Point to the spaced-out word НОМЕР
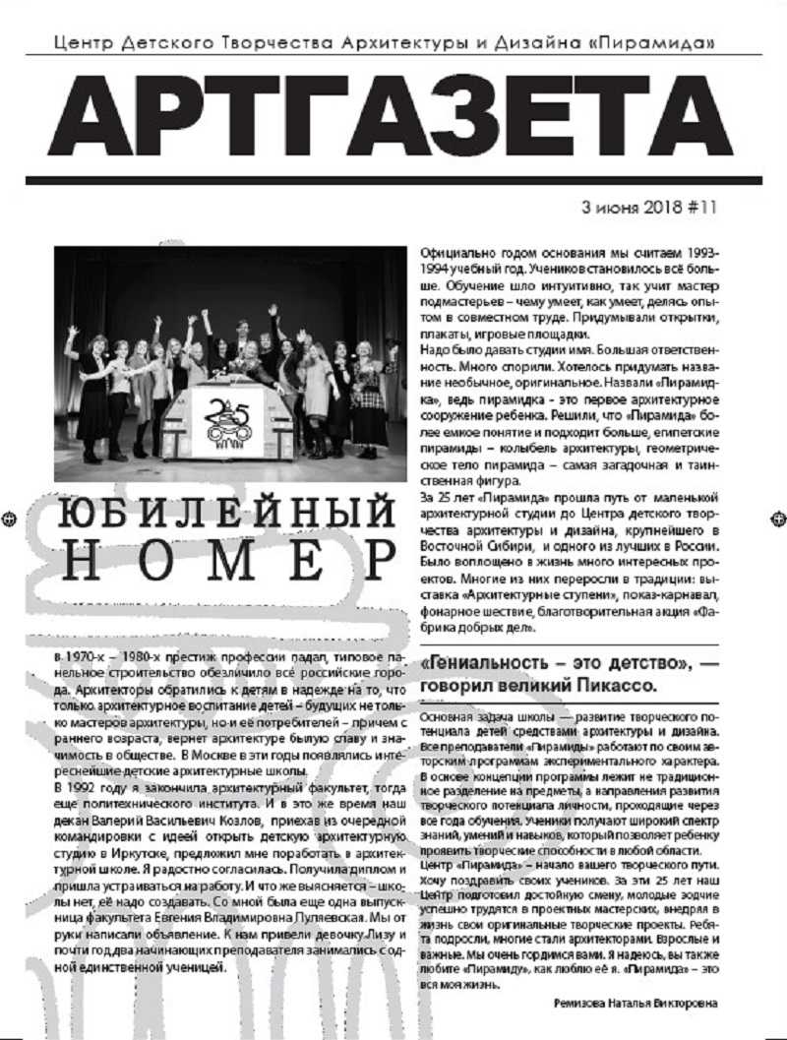pyautogui.click(x=220, y=563)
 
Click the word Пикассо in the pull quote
pyautogui.click(x=609, y=684)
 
